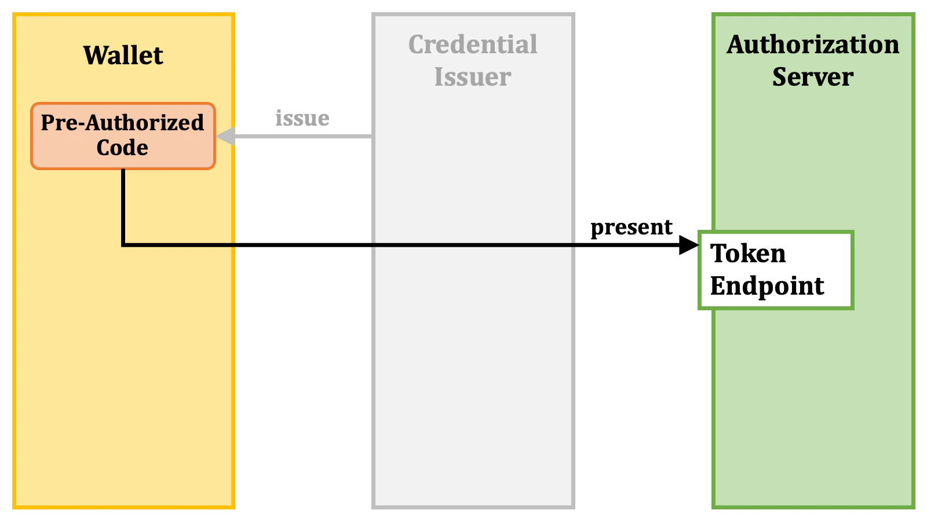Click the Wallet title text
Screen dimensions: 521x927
click(123, 56)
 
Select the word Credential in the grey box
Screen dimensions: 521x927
click(473, 45)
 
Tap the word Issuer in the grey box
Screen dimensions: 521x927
click(473, 77)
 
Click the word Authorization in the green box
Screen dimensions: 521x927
click(813, 45)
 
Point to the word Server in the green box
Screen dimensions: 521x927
click(813, 77)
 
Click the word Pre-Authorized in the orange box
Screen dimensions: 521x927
click(122, 123)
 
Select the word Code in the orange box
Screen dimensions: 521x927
click(122, 148)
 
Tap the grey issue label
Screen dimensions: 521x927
click(302, 118)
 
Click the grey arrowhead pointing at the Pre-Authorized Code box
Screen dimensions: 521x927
click(225, 137)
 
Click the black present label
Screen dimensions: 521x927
click(632, 227)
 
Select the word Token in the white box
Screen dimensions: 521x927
click(748, 254)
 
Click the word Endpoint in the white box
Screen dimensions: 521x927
click(767, 286)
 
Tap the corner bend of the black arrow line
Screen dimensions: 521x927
click(123, 245)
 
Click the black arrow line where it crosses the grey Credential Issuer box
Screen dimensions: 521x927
click(473, 245)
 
